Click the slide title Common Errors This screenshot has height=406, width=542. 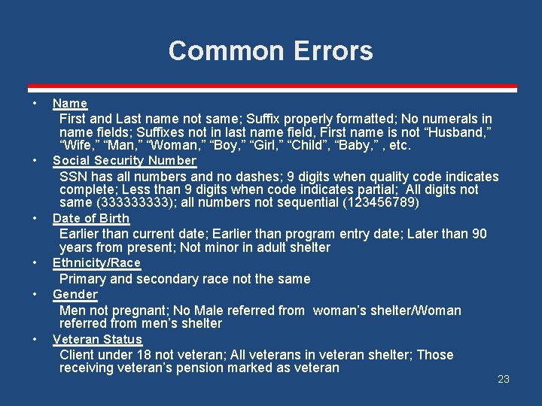271,50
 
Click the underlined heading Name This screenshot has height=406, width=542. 70,103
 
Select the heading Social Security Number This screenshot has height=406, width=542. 124,160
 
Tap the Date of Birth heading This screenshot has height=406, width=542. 91,218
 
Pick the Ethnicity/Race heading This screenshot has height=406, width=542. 96,262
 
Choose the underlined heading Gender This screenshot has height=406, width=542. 75,294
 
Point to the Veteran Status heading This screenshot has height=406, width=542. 97,339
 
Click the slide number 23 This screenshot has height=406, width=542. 504,379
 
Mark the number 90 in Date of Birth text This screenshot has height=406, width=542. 480,235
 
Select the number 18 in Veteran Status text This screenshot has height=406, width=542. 157,355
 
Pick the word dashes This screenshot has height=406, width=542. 246,177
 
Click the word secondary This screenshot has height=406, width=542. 166,279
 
